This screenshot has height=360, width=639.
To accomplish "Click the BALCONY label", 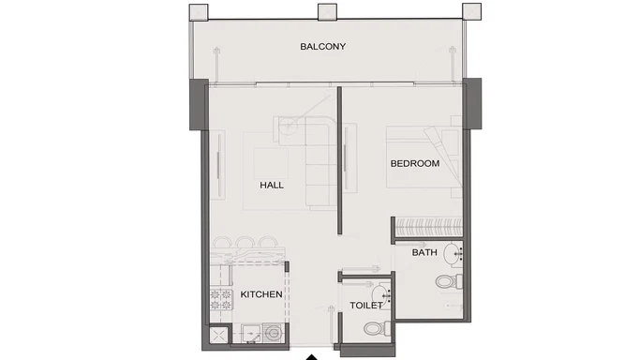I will [323, 46].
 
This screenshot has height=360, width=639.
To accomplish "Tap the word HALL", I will [272, 185].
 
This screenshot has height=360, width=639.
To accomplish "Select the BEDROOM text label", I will [415, 164].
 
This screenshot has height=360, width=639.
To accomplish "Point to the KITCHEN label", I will [261, 294].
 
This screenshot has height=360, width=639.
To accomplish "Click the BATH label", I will [424, 253].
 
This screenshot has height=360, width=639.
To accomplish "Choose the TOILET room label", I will [365, 307].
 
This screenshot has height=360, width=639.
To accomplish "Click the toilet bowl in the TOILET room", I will [376, 328].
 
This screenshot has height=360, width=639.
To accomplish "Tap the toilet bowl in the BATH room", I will [447, 282].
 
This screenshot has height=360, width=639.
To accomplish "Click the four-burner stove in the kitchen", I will [221, 300].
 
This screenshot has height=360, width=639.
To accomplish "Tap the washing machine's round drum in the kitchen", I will [273, 333].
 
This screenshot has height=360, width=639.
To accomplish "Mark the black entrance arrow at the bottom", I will [312, 355].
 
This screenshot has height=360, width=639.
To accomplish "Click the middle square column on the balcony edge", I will [327, 12].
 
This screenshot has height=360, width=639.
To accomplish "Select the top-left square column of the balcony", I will [199, 12].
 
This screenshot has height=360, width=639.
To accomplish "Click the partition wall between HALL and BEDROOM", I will [340, 159].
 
